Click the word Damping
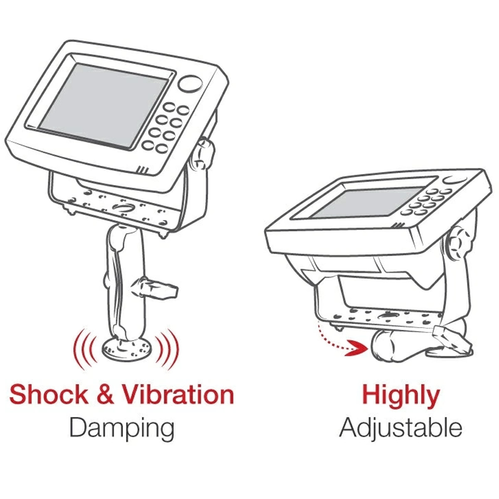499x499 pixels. point(121,428)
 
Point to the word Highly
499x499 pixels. point(400,396)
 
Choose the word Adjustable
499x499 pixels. point(400,428)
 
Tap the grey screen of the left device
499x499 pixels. point(104,106)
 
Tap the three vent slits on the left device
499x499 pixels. point(143,170)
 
